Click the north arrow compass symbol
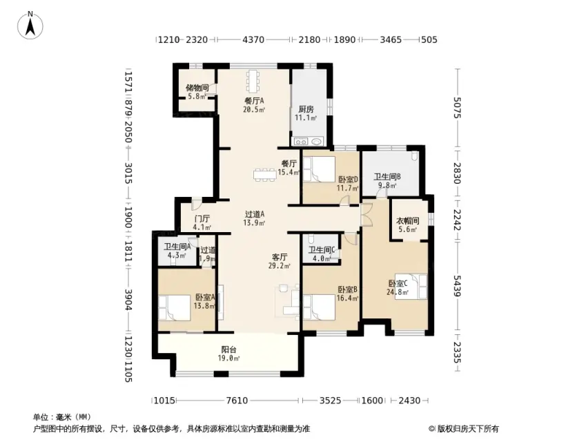[30, 26]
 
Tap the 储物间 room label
[197, 88]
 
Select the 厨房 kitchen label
[306, 109]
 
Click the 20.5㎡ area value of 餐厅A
[254, 110]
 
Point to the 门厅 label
[202, 218]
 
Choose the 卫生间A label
[177, 247]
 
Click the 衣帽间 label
[407, 221]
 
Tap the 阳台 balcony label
[228, 350]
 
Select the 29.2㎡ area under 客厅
[280, 266]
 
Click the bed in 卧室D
[319, 169]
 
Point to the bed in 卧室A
[174, 307]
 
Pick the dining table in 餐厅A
[253, 80]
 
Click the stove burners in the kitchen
[300, 142]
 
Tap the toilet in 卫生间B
[413, 155]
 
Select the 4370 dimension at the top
[253, 39]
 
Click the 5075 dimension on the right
[458, 108]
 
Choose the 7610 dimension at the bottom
[237, 401]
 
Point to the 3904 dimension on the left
[128, 300]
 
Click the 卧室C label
[398, 284]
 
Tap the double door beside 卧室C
[367, 215]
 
